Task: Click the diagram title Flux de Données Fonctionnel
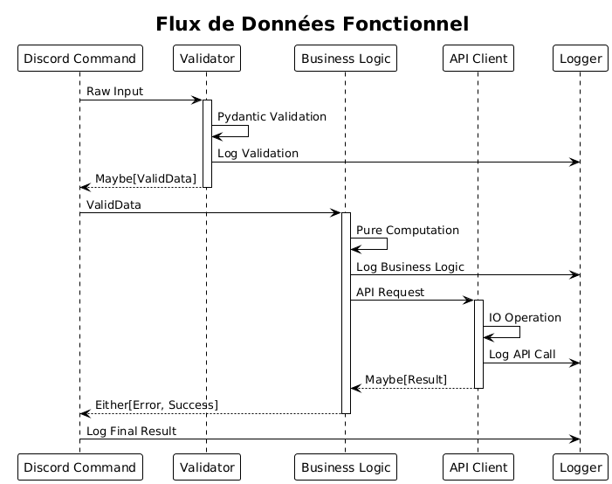click(313, 24)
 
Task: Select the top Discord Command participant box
click(80, 59)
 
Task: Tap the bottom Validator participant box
click(207, 467)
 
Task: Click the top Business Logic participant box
click(346, 59)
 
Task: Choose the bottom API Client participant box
click(478, 467)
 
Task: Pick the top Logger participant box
click(581, 59)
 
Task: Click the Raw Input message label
click(114, 92)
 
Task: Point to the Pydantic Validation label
click(272, 117)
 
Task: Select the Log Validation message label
click(258, 154)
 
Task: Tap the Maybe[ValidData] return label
click(146, 178)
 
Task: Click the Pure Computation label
click(408, 230)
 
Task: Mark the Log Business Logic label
click(410, 266)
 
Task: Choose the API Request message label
click(390, 292)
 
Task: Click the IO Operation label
click(525, 318)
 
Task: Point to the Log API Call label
click(522, 355)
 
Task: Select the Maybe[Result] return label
click(406, 380)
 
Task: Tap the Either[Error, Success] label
click(156, 405)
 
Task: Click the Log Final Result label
click(131, 432)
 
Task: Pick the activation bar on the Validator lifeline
click(207, 144)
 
